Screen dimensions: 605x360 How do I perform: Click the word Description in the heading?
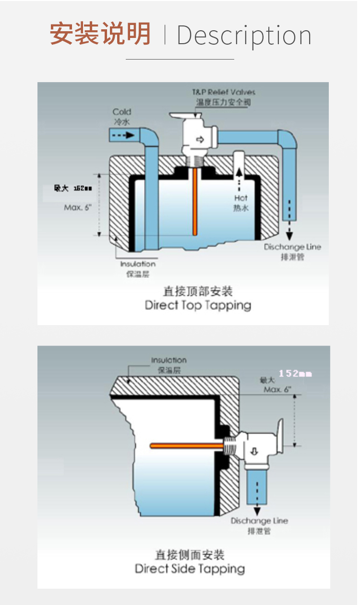point(244,36)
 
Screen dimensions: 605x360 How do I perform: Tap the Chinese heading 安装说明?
point(101,34)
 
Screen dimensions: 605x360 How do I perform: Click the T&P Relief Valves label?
point(224,92)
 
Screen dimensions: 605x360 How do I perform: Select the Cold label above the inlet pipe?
point(122,112)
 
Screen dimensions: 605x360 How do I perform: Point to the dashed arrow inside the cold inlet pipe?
point(123,136)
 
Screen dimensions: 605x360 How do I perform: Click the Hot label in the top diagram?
point(241,198)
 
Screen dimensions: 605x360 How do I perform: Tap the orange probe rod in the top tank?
point(195,202)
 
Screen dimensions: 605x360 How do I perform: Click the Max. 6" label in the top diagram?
point(77,208)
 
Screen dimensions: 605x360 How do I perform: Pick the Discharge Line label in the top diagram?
point(292,247)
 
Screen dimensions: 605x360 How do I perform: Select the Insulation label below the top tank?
point(138,264)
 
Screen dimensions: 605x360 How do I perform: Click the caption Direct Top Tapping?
point(198,305)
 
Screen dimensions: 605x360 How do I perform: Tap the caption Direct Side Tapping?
point(190,569)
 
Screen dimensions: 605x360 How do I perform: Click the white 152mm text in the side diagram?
point(295,373)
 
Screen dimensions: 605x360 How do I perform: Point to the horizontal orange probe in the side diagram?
point(187,446)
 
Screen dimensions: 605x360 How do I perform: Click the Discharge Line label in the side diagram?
point(259,521)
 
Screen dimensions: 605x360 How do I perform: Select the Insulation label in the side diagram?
point(169,360)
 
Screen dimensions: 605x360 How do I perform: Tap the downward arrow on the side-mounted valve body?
point(254,451)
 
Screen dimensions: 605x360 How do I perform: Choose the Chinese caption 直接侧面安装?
point(190,555)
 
